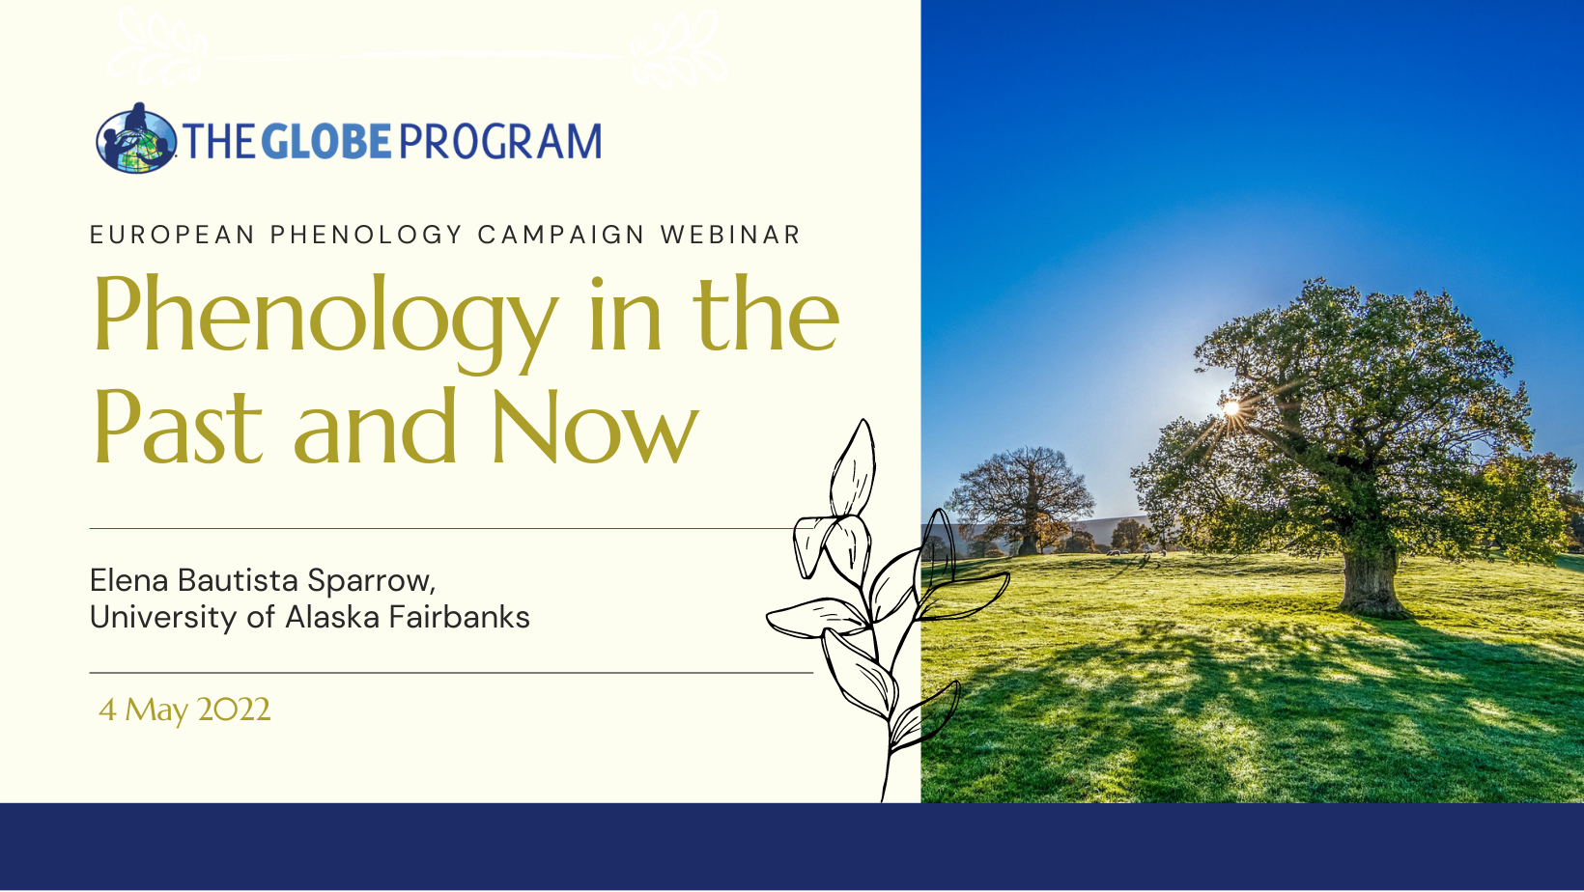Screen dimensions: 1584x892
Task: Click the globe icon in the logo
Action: coord(136,139)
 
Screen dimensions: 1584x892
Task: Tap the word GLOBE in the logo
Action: coord(326,141)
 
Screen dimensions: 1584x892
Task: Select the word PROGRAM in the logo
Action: coord(500,141)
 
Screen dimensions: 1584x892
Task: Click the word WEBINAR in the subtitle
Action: coord(730,235)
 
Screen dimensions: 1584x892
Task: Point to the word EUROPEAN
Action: coord(172,235)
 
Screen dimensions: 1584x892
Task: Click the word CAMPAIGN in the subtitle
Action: coord(561,235)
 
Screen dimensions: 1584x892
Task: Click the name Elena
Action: coord(128,580)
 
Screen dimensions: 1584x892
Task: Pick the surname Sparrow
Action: coord(371,582)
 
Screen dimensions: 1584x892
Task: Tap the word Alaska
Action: coord(332,617)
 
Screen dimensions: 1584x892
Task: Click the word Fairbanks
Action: coord(459,617)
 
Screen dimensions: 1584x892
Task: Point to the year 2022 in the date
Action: coord(234,710)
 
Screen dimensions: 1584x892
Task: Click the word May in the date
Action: coord(156,711)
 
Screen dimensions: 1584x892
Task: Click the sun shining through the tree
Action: coord(1231,407)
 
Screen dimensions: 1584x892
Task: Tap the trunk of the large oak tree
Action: coord(1369,579)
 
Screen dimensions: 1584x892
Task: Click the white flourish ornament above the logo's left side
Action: coord(157,46)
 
